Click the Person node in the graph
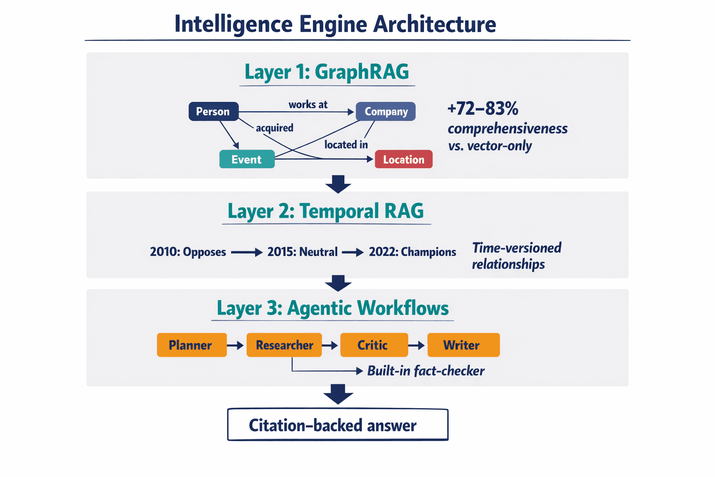[x=213, y=112]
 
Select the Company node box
[x=385, y=112]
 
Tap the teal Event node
[x=247, y=159]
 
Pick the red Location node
[x=404, y=159]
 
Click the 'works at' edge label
[x=308, y=104]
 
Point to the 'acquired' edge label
[x=275, y=128]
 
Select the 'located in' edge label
[x=346, y=145]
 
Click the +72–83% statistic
[x=483, y=109]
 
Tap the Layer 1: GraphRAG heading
[x=327, y=72]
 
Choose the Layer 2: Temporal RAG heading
[x=326, y=211]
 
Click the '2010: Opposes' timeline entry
[x=188, y=252]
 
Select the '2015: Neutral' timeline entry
[x=302, y=252]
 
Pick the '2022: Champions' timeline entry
[x=412, y=252]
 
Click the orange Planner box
[x=191, y=345]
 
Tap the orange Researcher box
[x=284, y=345]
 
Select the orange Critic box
[x=374, y=345]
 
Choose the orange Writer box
[x=463, y=345]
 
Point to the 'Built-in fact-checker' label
[x=425, y=371]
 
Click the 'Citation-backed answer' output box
[x=337, y=425]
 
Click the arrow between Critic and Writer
[x=417, y=345]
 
